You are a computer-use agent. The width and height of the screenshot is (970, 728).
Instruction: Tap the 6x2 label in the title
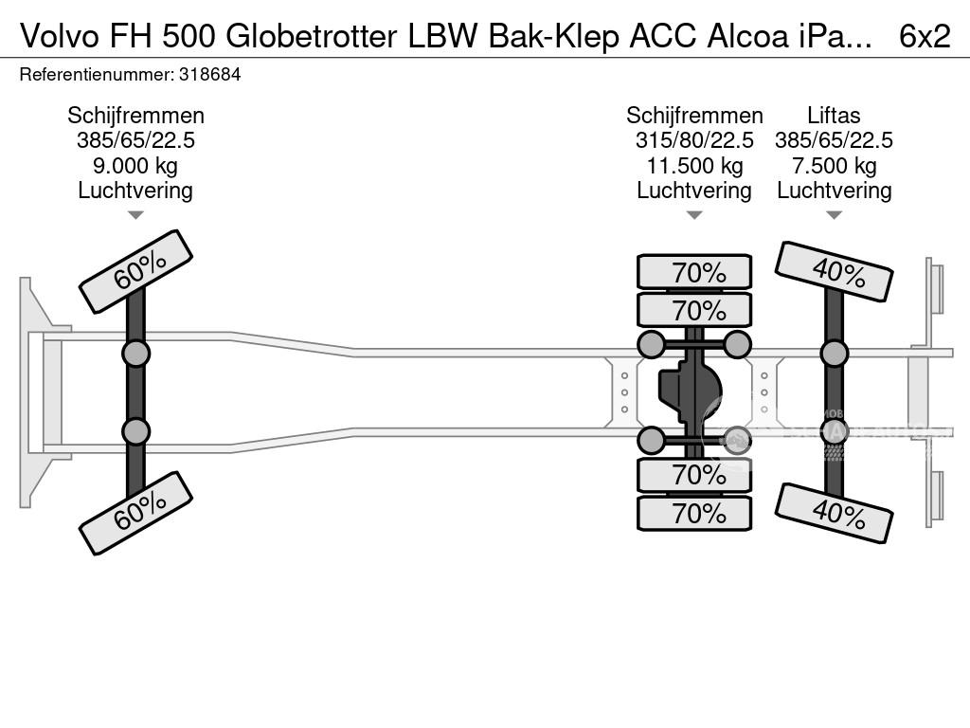[925, 35]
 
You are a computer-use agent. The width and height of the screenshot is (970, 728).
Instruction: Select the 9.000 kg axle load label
[135, 166]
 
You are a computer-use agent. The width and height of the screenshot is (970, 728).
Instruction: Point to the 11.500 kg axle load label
[694, 166]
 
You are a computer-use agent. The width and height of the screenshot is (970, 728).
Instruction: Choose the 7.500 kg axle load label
[834, 166]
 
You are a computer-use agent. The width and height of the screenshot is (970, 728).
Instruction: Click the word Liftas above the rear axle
[834, 116]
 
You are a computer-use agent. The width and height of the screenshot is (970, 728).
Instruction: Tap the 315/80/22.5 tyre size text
[694, 140]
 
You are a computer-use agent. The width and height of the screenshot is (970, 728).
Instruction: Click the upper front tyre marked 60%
[136, 271]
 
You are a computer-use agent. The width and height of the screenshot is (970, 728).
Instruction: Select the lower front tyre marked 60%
[136, 513]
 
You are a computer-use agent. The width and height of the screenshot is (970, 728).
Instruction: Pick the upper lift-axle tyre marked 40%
[834, 271]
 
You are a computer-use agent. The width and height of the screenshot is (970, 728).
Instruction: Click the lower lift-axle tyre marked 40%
[834, 513]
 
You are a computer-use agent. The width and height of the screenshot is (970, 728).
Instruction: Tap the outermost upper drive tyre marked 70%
[694, 272]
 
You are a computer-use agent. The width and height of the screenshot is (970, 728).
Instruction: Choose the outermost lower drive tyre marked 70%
[694, 514]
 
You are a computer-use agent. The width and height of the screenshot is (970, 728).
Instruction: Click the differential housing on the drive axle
[691, 391]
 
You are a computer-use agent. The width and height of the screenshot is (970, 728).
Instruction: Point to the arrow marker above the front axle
[135, 215]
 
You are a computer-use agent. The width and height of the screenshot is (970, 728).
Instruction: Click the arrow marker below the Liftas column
[834, 215]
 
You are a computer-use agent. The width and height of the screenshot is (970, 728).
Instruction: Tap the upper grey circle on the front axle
[135, 354]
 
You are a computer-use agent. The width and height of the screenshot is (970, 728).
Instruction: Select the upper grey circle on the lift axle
[834, 354]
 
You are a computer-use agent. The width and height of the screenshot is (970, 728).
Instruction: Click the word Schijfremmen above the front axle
[135, 116]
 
